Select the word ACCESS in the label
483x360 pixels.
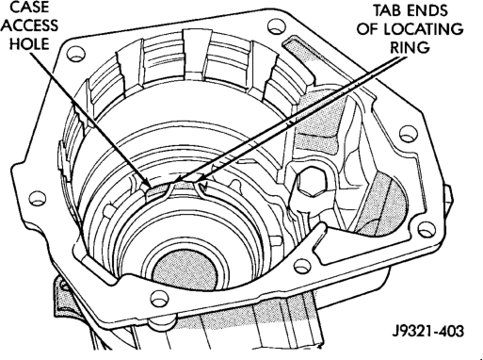[31, 25]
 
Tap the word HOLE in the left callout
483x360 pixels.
[30, 43]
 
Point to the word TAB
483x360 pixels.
[387, 10]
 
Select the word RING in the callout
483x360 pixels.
[410, 47]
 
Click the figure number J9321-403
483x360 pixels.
[428, 331]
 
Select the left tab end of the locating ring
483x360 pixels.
[171, 188]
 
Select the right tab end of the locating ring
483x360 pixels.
[200, 188]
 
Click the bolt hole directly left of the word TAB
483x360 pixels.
[276, 26]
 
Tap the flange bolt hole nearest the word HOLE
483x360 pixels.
[76, 54]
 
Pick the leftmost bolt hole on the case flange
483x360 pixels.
[38, 198]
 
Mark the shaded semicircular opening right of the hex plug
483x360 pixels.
[389, 205]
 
